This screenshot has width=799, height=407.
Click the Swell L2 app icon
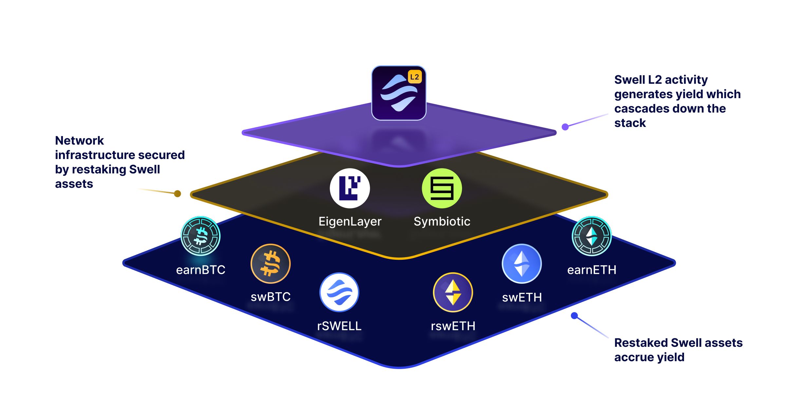[399, 93]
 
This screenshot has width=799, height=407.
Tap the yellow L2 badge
[415, 77]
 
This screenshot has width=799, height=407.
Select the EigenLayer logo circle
[350, 188]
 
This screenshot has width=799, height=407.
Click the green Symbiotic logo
[442, 188]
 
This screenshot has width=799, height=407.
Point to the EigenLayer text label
[350, 221]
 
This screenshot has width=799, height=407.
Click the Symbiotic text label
[442, 221]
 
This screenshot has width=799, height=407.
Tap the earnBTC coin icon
[200, 236]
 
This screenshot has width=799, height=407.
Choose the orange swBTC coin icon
[270, 264]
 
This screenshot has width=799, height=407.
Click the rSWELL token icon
[339, 292]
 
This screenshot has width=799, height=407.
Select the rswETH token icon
[453, 292]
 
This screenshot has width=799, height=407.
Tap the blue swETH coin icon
[522, 264]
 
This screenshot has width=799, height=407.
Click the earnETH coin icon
[591, 236]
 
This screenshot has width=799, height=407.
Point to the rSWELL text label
[339, 326]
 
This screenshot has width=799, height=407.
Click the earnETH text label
[591, 270]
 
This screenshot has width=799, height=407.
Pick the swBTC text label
[270, 297]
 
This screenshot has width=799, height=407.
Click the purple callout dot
[565, 127]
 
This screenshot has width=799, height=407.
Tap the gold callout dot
[177, 194]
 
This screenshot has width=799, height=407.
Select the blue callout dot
[574, 316]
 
